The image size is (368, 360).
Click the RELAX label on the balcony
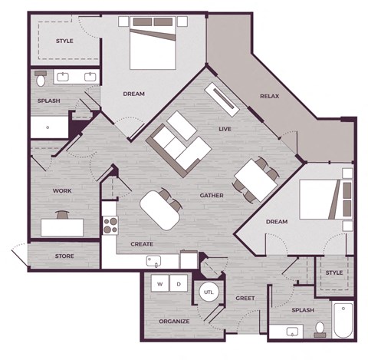pyautogui.click(x=268, y=97)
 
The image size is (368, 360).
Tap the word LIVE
pyautogui.click(x=225, y=129)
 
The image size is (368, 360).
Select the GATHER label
pyautogui.click(x=212, y=195)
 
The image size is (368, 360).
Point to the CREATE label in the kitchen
pyautogui.click(x=142, y=244)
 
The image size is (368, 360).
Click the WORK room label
pyautogui.click(x=61, y=190)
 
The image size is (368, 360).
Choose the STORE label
pyautogui.click(x=64, y=256)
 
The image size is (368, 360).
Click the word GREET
pyautogui.click(x=245, y=298)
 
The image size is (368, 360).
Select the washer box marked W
pyautogui.click(x=161, y=282)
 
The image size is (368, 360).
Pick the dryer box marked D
pyautogui.click(x=179, y=282)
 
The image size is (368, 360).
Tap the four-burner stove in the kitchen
pyautogui.click(x=110, y=225)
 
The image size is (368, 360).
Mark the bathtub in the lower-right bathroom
pyautogui.click(x=343, y=321)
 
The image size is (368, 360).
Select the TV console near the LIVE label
pyautogui.click(x=223, y=99)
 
